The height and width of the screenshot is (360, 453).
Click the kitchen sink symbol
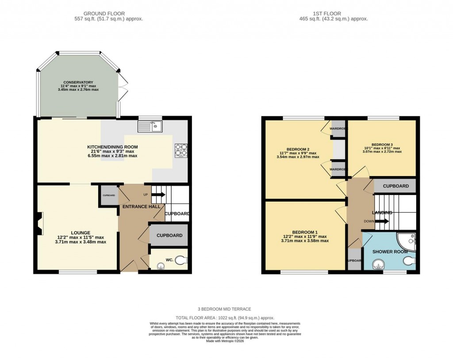pyautogui.click(x=150, y=126)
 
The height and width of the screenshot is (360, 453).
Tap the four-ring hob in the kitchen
pyautogui.click(x=181, y=151)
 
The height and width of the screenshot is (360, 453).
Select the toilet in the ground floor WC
pyautogui.click(x=180, y=261)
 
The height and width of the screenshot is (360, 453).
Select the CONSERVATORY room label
pyautogui.click(x=78, y=82)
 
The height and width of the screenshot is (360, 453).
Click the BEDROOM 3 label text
pyautogui.click(x=382, y=145)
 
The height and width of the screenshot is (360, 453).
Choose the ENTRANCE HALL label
pyautogui.click(x=142, y=207)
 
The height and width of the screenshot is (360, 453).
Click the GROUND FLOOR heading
pyautogui.click(x=104, y=14)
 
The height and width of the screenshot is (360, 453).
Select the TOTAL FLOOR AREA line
pyautogui.click(x=225, y=318)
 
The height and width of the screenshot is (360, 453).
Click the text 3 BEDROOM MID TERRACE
pyautogui.click(x=225, y=309)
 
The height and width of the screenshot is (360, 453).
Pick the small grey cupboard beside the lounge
pyautogui.click(x=109, y=195)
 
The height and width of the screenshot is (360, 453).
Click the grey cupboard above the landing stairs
pyautogui.click(x=395, y=186)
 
